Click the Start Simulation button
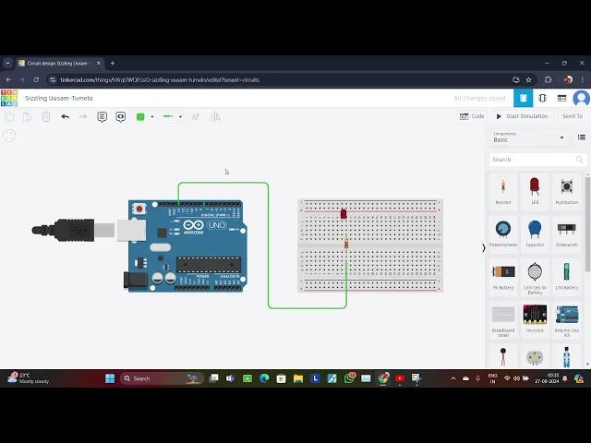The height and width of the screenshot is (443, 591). tap(522, 116)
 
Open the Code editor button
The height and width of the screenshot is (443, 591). tap(472, 116)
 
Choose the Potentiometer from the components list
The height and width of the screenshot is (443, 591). tap(503, 230)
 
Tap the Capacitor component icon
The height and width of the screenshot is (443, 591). tap(535, 230)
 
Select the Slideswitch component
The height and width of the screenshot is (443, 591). tap(567, 230)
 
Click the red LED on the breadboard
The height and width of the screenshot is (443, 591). tap(344, 214)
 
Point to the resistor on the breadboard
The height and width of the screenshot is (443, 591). tap(346, 244)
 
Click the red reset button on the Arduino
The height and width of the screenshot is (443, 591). tap(139, 210)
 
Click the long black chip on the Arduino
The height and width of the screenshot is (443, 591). tap(209, 265)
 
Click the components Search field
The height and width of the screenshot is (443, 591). tap(534, 160)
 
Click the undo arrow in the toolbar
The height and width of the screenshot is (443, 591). tap(65, 116)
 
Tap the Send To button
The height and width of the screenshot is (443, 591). tap(573, 116)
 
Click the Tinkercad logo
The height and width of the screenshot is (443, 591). tap(9, 98)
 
